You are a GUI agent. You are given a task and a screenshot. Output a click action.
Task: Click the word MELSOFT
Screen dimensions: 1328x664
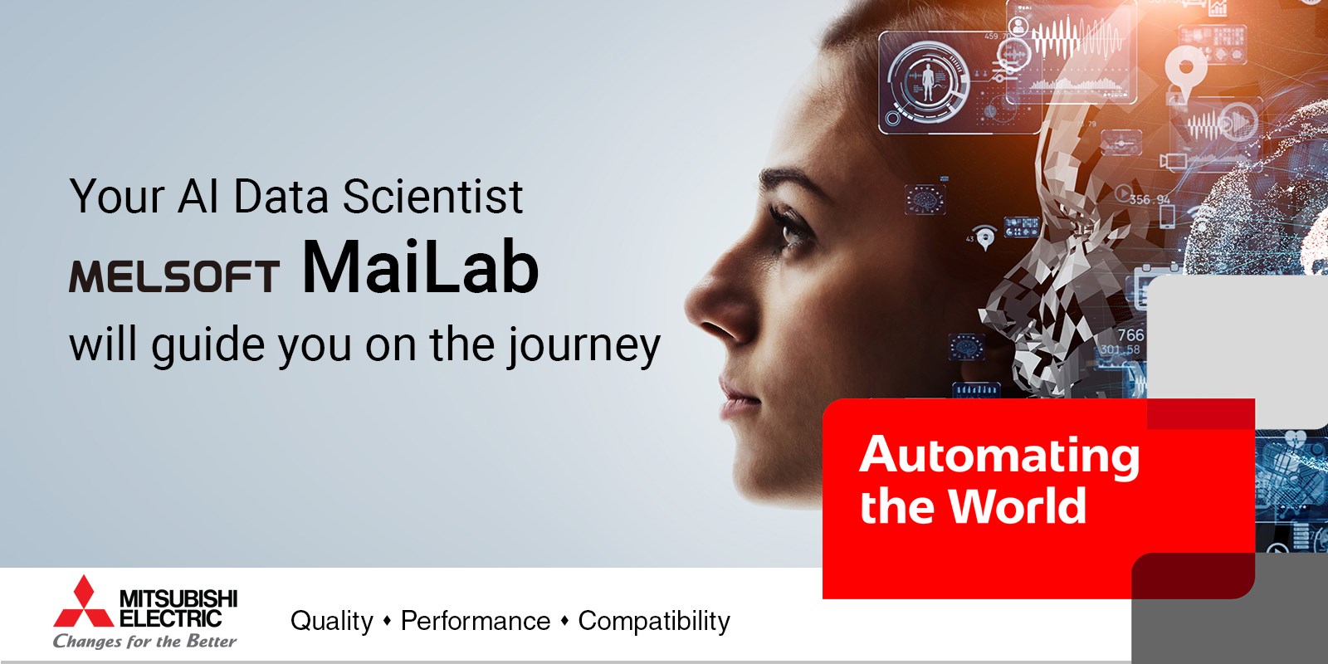tap(174, 276)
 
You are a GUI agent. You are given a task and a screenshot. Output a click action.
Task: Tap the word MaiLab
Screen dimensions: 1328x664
tap(420, 267)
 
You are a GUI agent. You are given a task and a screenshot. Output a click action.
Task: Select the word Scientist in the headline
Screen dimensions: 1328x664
tap(432, 196)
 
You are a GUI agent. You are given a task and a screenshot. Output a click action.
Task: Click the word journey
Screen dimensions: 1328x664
tap(583, 346)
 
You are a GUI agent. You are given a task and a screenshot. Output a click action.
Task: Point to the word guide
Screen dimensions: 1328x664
tap(207, 345)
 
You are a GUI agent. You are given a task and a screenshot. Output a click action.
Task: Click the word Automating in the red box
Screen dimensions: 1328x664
tap(999, 456)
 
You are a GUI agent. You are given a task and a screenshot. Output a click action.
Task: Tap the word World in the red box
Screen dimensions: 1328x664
tap(1017, 505)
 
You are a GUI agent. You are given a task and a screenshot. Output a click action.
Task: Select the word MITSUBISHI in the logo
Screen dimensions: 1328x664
tap(178, 598)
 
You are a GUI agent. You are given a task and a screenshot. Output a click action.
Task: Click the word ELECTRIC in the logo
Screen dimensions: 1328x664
tap(171, 618)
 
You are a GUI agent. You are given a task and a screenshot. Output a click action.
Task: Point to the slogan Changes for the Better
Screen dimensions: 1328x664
tap(144, 641)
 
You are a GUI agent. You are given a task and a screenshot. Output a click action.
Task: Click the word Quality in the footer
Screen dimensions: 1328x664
tap(332, 622)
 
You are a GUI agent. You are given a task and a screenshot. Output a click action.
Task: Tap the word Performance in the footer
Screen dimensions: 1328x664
tap(476, 622)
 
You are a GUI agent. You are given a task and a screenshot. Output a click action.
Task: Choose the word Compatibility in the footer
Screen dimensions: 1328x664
tap(654, 622)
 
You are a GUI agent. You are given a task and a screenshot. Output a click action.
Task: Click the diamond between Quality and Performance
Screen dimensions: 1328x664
tap(388, 621)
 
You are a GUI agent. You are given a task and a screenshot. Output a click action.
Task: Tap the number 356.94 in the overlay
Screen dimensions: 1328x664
tap(1150, 200)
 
